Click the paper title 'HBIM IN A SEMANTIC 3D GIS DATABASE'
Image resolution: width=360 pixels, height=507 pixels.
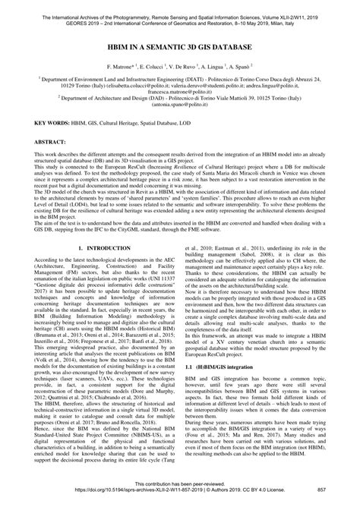pos(180,47)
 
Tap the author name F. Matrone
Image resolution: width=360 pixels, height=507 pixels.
pos(121,68)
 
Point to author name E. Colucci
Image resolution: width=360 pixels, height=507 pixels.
pos(156,68)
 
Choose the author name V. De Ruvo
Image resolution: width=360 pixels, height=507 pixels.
pos(192,68)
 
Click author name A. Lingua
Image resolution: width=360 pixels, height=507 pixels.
pos(229,68)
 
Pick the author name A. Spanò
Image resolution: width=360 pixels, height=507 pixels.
pos(259,68)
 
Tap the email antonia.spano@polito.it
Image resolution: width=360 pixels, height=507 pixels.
pos(180,112)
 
